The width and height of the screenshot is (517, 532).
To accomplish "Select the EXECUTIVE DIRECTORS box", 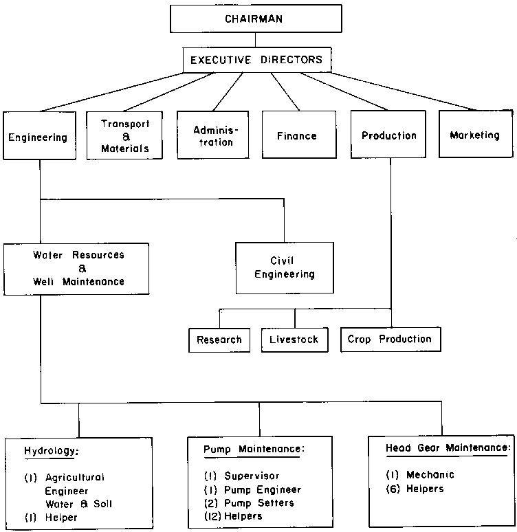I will [x=257, y=60].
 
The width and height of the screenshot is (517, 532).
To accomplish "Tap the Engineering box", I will [x=38, y=137].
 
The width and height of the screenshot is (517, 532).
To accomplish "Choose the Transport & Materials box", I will [x=124, y=135].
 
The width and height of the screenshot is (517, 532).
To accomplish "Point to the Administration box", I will [x=212, y=135].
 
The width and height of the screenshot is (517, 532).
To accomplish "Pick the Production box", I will [x=389, y=135].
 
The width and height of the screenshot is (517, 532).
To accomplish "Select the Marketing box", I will [x=474, y=135].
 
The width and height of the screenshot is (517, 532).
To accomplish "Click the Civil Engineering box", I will [x=284, y=267].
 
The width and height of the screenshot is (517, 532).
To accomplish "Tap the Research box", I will [x=219, y=340].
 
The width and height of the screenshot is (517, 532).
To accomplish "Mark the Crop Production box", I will [x=390, y=339].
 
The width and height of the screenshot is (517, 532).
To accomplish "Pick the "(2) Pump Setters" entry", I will [x=249, y=502].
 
